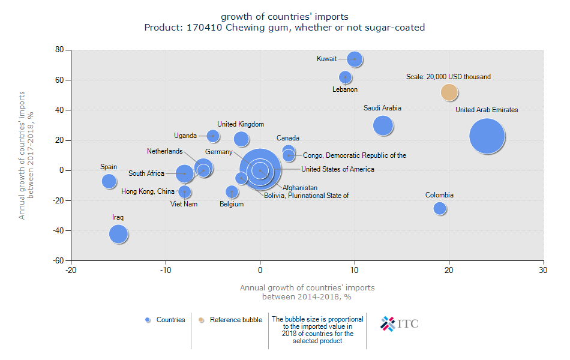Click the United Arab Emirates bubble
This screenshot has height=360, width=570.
(x=487, y=136)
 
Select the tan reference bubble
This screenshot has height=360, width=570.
(x=449, y=92)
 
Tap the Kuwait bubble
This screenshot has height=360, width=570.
(x=355, y=59)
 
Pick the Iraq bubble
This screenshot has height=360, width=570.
(x=119, y=233)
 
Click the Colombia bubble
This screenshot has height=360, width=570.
(x=440, y=208)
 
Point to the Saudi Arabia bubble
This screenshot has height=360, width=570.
(x=383, y=125)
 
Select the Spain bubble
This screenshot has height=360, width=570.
(x=109, y=181)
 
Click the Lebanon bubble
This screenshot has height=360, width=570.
(x=345, y=77)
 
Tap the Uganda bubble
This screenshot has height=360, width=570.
(x=213, y=136)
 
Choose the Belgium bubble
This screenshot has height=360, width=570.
(x=232, y=192)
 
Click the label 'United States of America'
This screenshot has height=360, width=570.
(x=338, y=169)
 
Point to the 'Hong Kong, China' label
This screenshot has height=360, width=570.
(x=148, y=191)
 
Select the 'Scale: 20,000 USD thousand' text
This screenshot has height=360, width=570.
(x=448, y=77)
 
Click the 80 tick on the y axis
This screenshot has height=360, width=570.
(x=59, y=50)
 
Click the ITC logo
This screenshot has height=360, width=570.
(x=400, y=324)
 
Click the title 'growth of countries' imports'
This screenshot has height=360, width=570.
(x=284, y=16)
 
